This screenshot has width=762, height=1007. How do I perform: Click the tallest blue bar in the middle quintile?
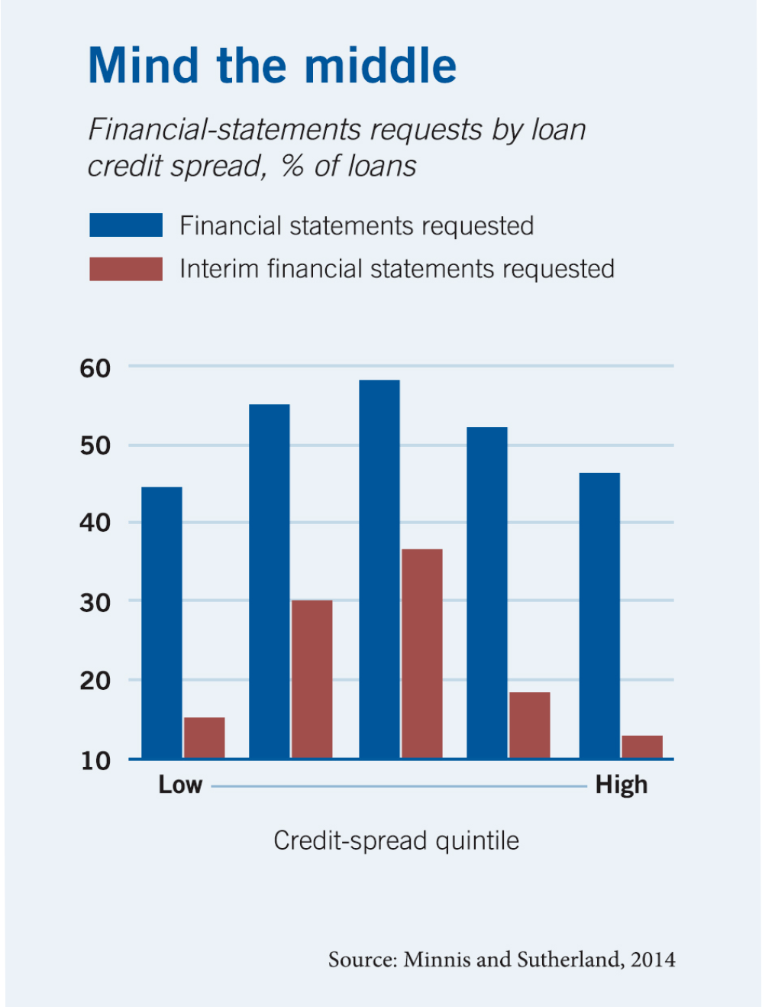[x=379, y=569]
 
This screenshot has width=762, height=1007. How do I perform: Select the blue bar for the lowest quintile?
[x=162, y=623]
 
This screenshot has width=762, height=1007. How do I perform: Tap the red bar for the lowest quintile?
[x=205, y=738]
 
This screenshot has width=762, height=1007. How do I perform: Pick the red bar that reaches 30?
[x=312, y=679]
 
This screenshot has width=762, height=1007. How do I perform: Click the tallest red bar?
[x=421, y=653]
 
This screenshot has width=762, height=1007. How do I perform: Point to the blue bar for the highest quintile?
[x=599, y=616]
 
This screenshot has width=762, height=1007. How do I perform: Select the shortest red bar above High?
[x=642, y=746]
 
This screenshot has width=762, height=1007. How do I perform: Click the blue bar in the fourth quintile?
[x=487, y=593]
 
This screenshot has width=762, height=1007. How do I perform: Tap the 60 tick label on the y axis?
[x=95, y=368]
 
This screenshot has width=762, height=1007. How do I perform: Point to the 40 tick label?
[x=95, y=523]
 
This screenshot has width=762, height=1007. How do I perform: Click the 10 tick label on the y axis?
[x=95, y=761]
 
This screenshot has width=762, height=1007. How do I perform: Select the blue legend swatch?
[x=126, y=225]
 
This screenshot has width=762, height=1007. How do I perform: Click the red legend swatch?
[x=126, y=269]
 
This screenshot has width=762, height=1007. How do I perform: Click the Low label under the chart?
[x=180, y=785]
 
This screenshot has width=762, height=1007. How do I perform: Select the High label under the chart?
[x=622, y=785]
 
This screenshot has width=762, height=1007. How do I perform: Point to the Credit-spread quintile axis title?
[x=396, y=840]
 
